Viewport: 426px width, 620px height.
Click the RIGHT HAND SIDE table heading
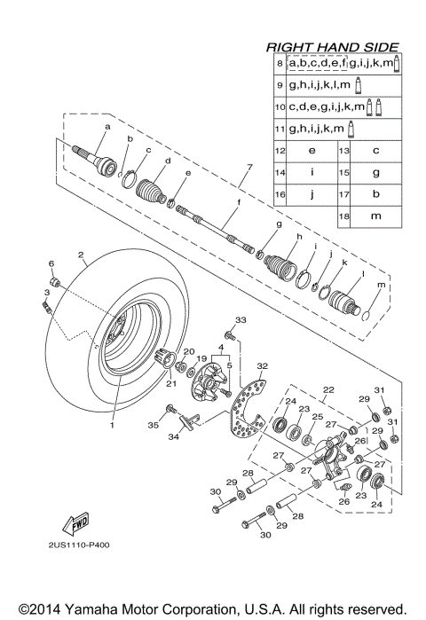point(333,47)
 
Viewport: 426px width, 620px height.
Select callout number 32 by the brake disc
point(262,365)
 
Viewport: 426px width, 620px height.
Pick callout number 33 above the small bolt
point(240,319)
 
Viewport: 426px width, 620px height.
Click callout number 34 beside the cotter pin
point(175,436)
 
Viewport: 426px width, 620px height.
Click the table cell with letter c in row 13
point(375,152)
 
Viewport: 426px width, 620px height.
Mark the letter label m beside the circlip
point(382,285)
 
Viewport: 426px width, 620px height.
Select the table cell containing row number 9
point(280,85)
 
